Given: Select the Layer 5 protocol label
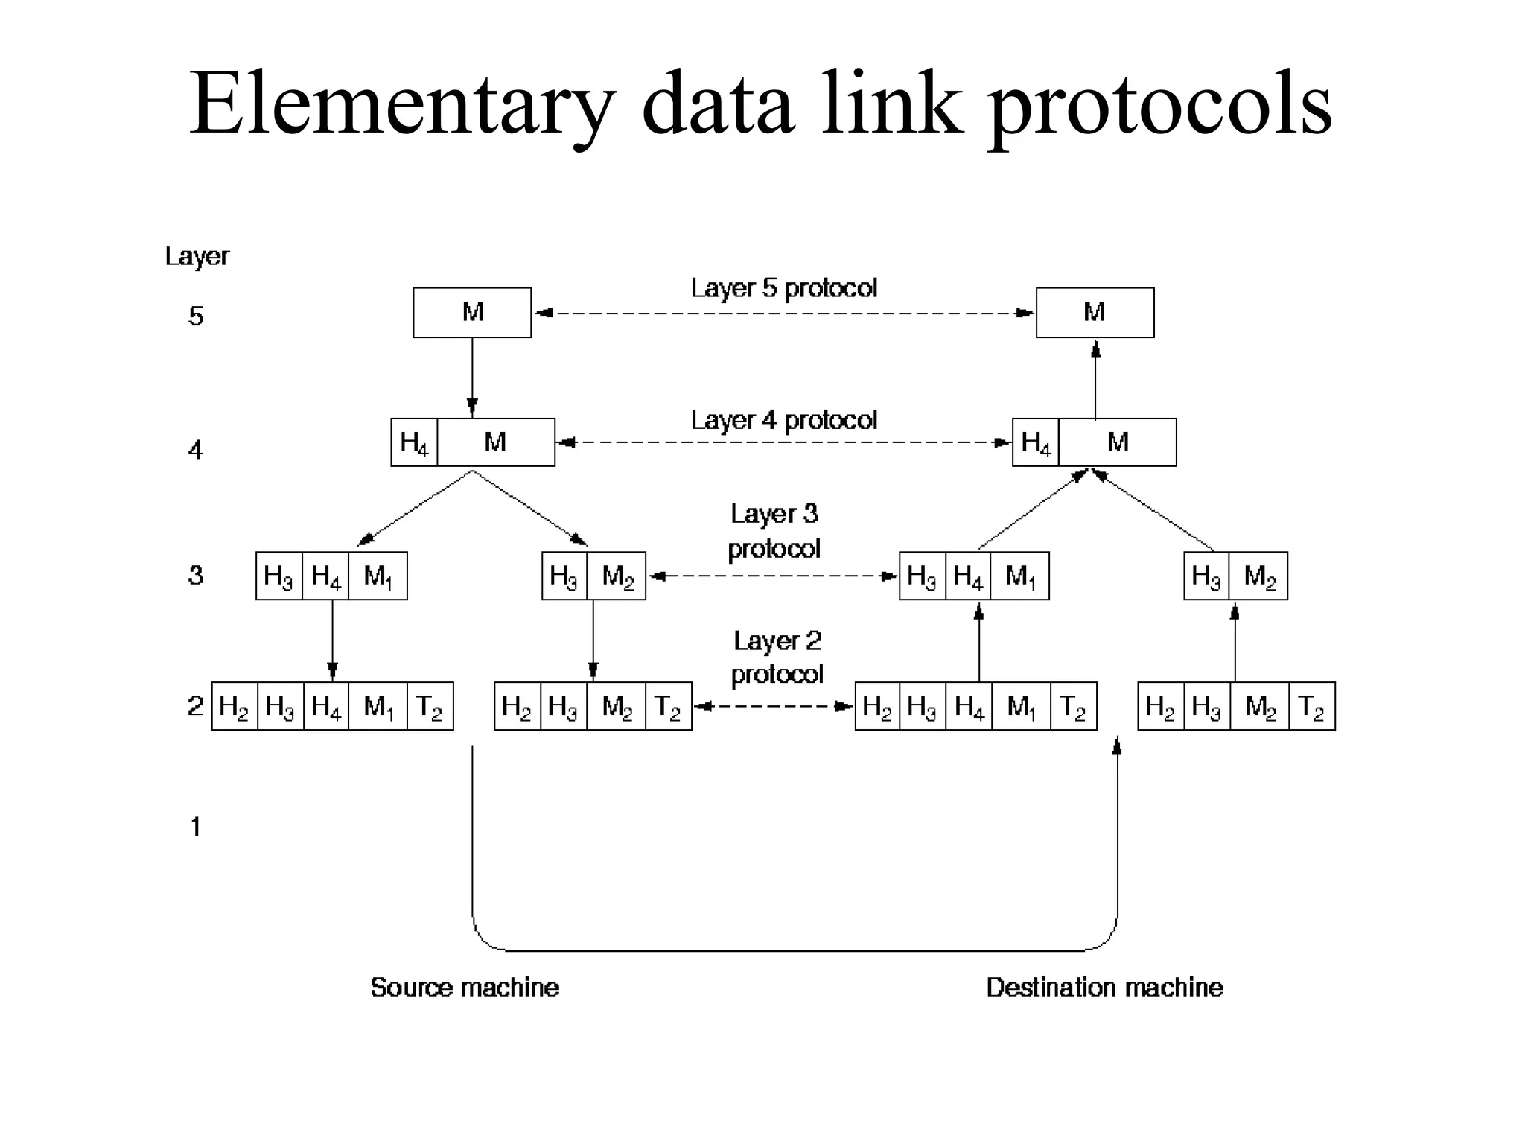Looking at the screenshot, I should tap(783, 288).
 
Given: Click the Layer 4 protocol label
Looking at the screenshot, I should tap(783, 420).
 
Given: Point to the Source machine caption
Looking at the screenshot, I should tap(464, 987).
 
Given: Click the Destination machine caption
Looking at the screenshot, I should tap(1104, 987).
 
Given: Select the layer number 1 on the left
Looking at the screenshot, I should tap(195, 827).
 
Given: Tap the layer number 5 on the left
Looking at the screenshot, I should tap(195, 316).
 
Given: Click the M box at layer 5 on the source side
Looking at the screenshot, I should tap(472, 312).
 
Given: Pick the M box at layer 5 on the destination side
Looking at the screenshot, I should tap(1095, 312).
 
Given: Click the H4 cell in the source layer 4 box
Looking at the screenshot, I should tap(414, 442).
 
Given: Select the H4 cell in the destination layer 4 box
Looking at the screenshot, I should tap(1036, 442).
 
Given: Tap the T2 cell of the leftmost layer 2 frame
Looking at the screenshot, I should tap(430, 706).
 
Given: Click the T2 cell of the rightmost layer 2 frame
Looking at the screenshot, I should tap(1311, 706).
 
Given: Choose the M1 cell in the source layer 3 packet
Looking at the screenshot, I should tap(378, 576).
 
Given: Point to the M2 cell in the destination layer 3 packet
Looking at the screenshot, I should tap(1258, 576).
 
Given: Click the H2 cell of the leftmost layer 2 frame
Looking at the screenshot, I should tap(235, 706).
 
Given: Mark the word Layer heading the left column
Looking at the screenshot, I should tap(197, 256).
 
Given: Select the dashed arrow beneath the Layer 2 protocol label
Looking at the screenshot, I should tap(773, 706).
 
